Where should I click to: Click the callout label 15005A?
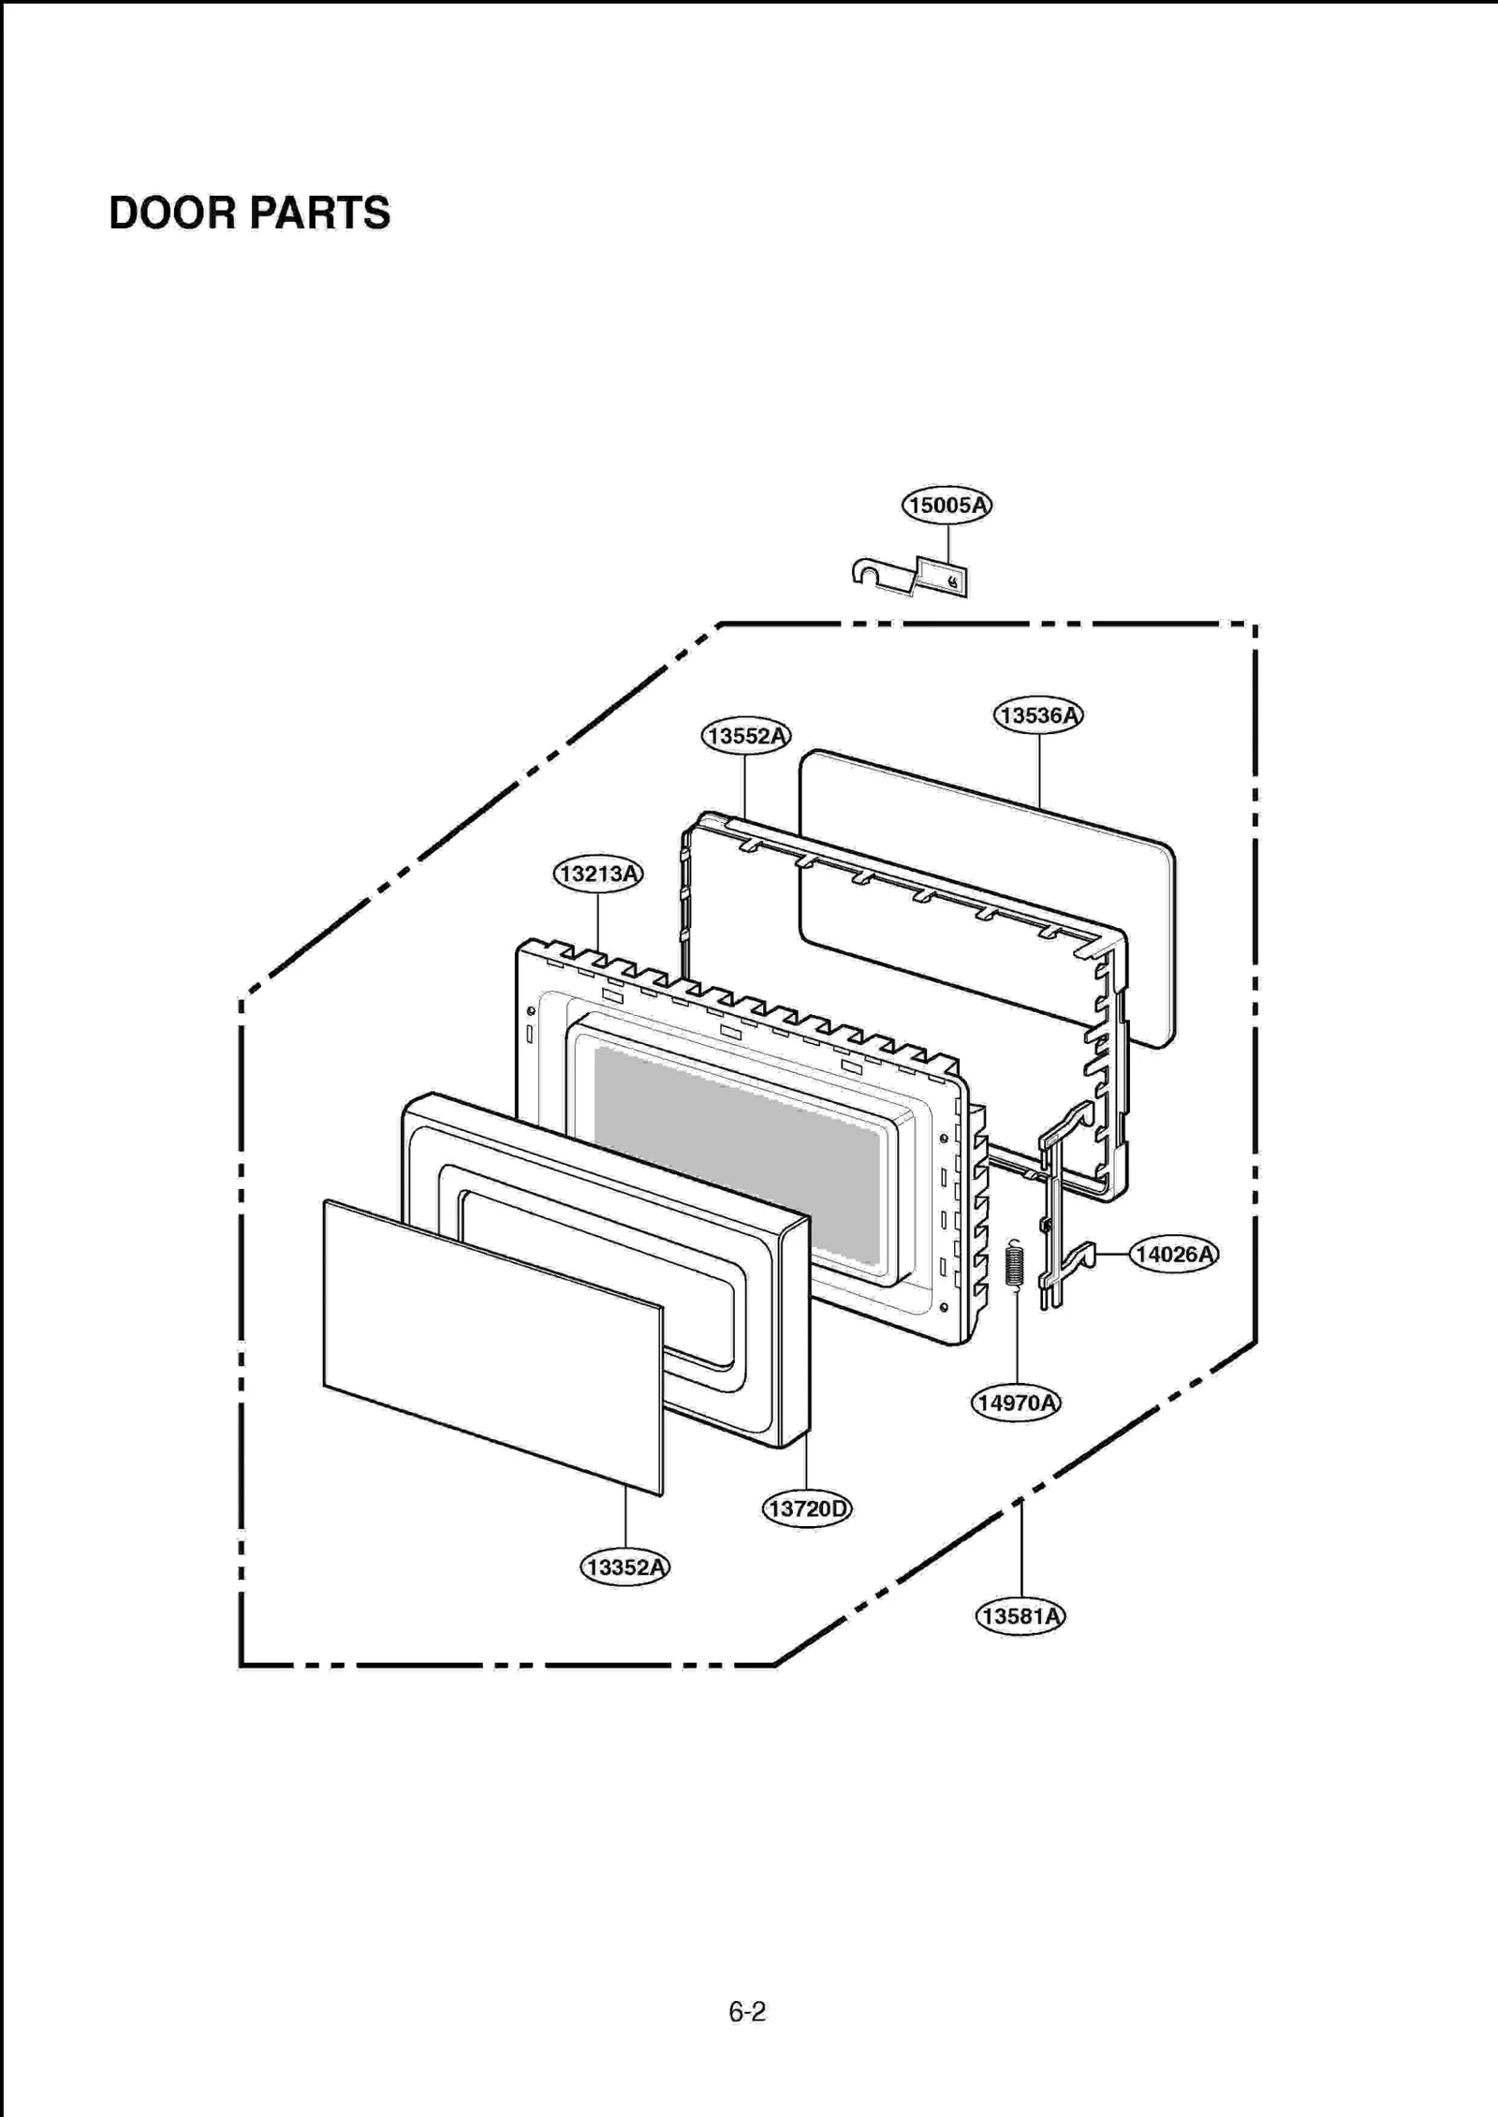point(947,506)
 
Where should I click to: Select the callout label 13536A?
point(1037,715)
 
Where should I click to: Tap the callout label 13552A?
point(745,736)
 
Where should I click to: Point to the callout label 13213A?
point(597,875)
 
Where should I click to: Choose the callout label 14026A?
point(1173,1254)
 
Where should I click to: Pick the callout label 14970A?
point(1016,1403)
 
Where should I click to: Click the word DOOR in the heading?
point(172,213)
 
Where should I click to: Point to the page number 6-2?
point(747,2011)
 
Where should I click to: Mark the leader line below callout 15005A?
point(948,543)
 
